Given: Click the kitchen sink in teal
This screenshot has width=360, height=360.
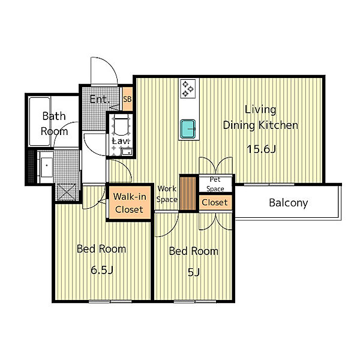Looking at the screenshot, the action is [x=188, y=129].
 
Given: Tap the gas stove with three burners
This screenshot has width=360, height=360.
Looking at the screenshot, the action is [x=188, y=89].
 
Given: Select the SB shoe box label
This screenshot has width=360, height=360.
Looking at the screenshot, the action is [x=127, y=99].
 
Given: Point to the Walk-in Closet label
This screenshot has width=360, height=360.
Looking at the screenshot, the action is [x=130, y=203].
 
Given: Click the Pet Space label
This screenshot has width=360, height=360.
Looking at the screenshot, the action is [x=215, y=184].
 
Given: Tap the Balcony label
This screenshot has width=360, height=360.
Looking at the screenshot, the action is [x=289, y=203].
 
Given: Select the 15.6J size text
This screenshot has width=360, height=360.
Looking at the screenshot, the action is [x=261, y=149].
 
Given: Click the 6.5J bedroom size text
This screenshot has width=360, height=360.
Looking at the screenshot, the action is [x=102, y=270].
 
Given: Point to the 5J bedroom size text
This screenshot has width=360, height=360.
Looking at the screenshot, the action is [x=194, y=272].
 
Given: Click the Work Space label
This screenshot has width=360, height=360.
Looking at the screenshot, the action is [x=167, y=194].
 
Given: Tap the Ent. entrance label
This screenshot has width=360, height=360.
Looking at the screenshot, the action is [x=99, y=100].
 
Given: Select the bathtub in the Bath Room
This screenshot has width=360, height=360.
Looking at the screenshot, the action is [x=40, y=121].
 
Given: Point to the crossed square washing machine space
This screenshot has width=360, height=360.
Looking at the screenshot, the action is [x=67, y=192].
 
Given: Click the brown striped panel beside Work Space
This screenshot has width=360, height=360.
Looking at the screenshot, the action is [x=188, y=193].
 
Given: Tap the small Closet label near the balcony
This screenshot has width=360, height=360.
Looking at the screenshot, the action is [x=215, y=203].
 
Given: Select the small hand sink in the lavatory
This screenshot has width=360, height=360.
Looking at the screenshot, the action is [x=127, y=152].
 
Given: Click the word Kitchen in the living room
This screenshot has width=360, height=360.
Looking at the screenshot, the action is [x=278, y=125].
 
